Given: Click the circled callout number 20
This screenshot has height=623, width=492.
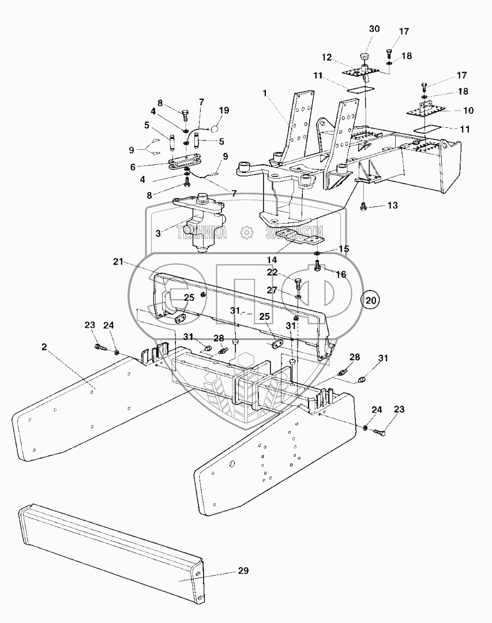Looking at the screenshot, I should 371,300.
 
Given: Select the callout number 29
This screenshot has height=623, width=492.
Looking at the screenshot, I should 243,571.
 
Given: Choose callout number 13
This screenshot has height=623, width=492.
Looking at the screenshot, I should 393,205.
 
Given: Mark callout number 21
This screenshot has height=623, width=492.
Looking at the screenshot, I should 118,262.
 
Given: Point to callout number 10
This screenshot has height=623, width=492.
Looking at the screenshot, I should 468,110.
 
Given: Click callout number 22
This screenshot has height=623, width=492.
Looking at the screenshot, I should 272,272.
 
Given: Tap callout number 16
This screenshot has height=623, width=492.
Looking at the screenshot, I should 341,274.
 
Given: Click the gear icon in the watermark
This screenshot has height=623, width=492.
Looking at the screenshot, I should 247,232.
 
